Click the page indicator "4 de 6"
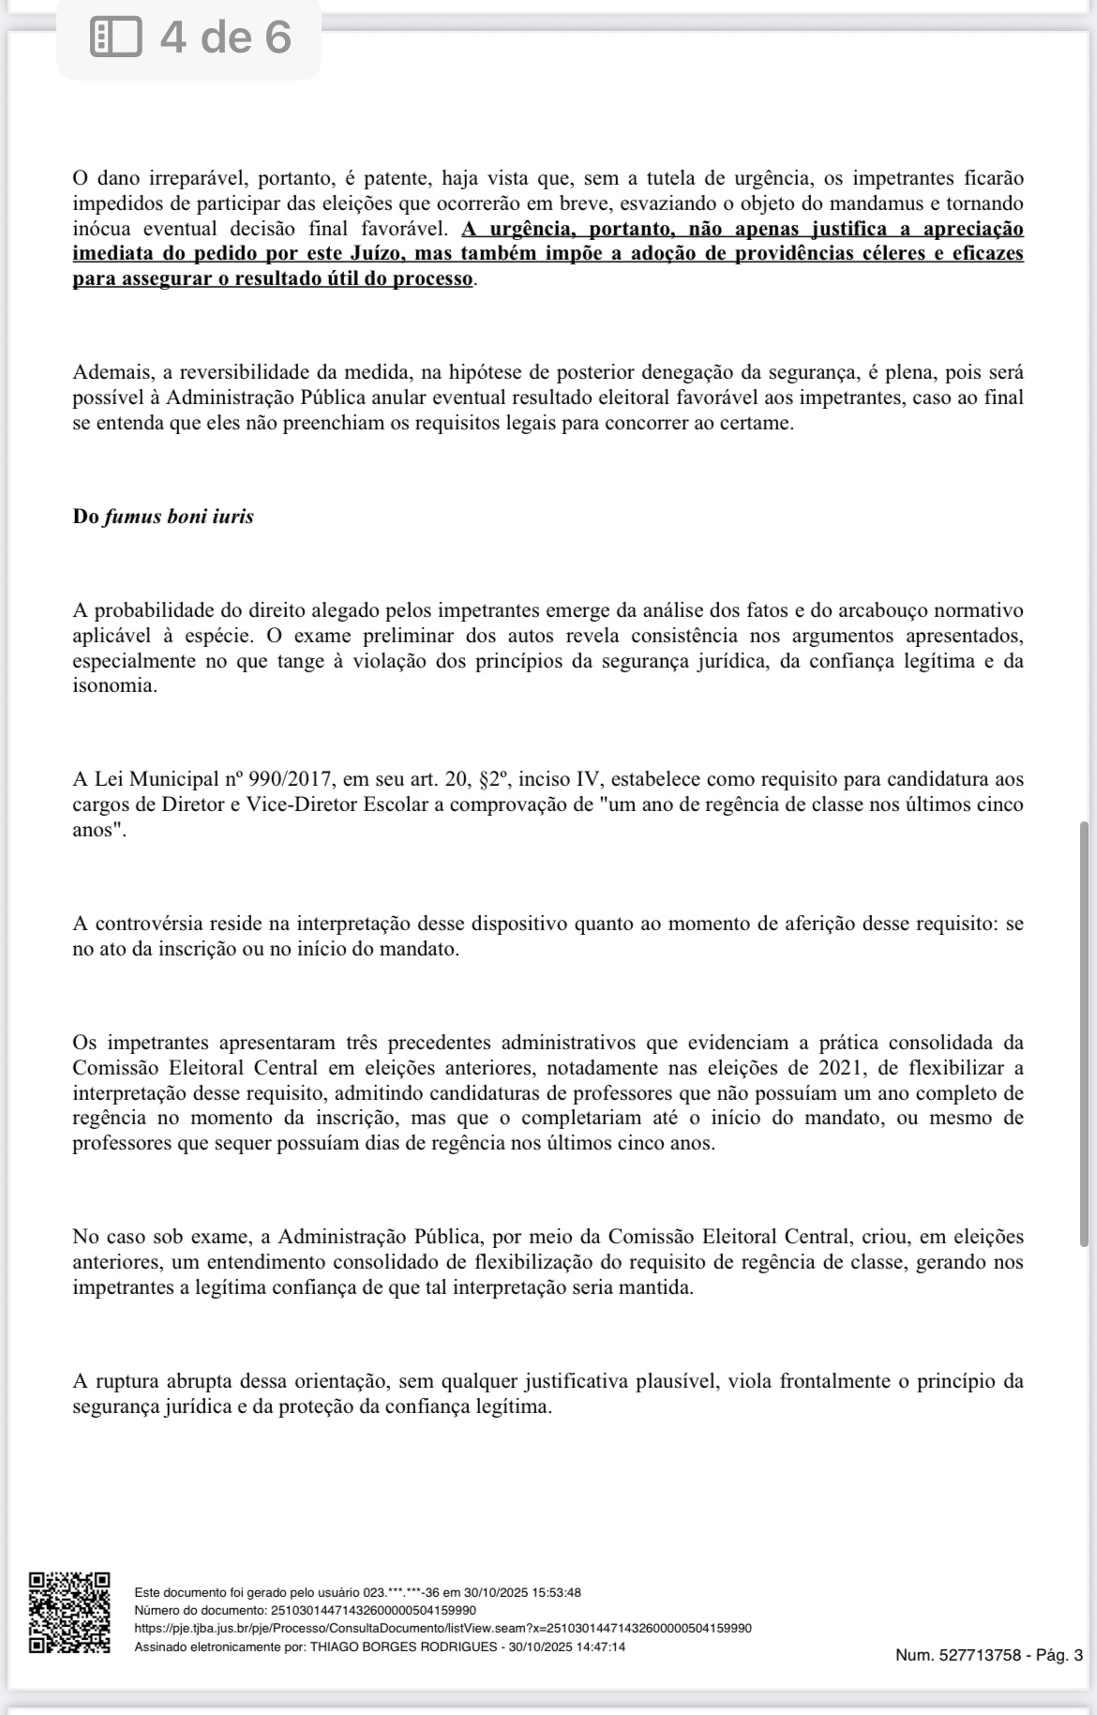225,38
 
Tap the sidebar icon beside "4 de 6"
115,38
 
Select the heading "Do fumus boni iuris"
163,517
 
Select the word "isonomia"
113,686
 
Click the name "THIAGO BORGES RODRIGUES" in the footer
403,1647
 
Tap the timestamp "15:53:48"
557,1592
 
